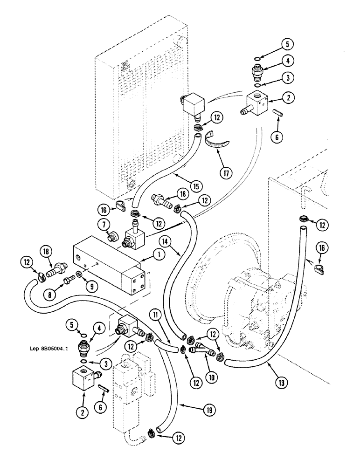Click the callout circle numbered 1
pos(159,255)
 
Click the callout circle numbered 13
pos(281,383)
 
